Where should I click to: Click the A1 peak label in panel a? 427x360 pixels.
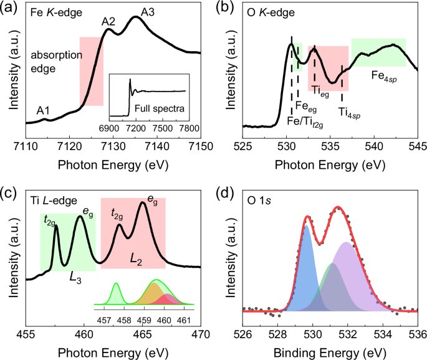tap(43, 110)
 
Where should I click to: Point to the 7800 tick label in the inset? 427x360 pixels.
tap(189, 127)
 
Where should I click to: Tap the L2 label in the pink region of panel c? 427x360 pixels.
tap(135, 257)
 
